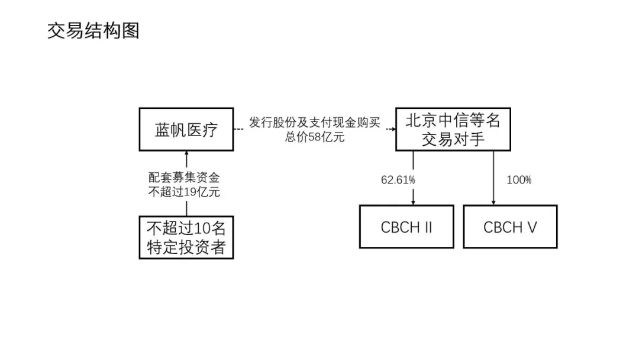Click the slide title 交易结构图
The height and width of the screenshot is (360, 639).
[x=93, y=31]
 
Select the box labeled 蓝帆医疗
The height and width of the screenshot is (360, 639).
[x=186, y=129]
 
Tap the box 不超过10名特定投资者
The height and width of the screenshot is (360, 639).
[x=186, y=237]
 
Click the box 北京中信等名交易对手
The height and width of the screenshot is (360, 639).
[x=453, y=129]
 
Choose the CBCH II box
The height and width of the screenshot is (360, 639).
[x=406, y=227]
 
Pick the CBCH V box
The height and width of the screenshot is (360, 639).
[x=510, y=227]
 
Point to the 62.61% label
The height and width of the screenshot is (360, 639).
[x=398, y=179]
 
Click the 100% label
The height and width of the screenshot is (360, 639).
[x=519, y=179]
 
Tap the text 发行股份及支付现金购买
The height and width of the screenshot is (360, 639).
[x=314, y=123]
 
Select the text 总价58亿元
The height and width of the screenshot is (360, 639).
[x=315, y=137]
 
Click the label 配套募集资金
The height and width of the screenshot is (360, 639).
[x=187, y=178]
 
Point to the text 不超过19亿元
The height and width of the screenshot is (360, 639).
[x=187, y=192]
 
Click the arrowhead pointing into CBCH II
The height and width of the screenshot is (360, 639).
[x=413, y=202]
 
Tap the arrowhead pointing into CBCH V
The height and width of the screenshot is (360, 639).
[x=493, y=202]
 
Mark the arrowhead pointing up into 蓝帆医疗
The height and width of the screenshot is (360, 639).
[x=186, y=154]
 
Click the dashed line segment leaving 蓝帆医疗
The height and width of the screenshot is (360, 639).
[x=240, y=129]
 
